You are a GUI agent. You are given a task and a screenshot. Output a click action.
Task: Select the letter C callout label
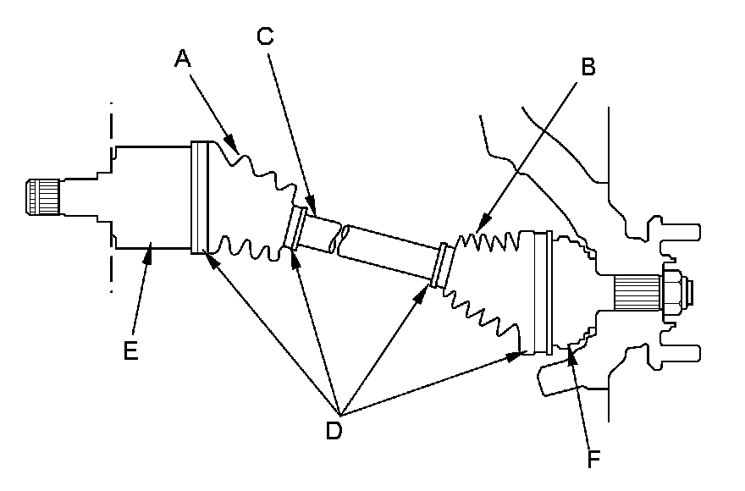pos(265,36)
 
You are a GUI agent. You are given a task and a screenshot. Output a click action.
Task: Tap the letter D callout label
pos(334,429)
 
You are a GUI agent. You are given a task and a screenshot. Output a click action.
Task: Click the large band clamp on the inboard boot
pos(199,197)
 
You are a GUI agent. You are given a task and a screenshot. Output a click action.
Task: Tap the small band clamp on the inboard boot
pos(297,228)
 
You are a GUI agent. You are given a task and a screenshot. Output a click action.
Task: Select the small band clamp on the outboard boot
pos(439,264)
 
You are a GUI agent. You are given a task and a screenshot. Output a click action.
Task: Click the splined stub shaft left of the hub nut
pos(634,293)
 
